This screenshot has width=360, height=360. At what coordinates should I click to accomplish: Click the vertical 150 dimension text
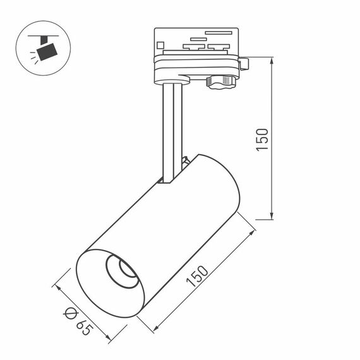[x=263, y=140]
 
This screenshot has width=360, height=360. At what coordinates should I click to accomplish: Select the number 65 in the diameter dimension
[x=82, y=326]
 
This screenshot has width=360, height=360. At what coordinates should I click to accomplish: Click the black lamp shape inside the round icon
[x=46, y=51]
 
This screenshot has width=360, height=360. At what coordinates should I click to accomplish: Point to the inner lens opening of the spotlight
[x=122, y=271]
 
